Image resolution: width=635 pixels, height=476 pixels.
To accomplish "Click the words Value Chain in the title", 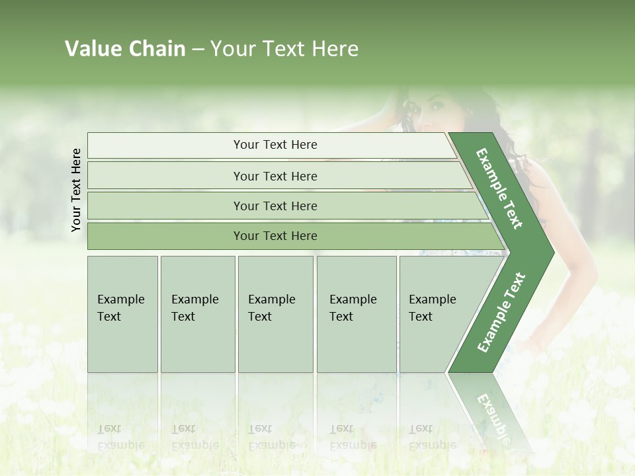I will (x=125, y=49).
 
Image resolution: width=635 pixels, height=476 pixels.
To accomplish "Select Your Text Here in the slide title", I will (x=284, y=49).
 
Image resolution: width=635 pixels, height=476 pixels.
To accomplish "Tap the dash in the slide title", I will (x=198, y=50).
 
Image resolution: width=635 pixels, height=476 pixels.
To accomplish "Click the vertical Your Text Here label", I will (x=76, y=190).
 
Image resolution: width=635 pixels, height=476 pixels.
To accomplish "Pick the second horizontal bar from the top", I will (x=275, y=176).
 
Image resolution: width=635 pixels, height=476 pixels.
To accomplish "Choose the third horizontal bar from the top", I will (x=275, y=206).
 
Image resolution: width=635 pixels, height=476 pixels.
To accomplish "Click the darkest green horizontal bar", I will (x=275, y=236).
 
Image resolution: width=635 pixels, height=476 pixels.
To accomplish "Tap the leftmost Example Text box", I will (x=122, y=314).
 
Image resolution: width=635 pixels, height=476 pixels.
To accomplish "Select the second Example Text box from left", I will (x=197, y=314).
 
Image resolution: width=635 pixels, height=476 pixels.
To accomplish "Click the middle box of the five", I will (x=275, y=314).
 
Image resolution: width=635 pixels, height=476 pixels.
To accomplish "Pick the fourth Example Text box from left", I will (x=356, y=314).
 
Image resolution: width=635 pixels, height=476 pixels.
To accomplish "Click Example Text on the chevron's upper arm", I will (x=499, y=188).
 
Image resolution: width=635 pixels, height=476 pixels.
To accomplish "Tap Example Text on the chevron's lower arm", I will (x=501, y=312).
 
